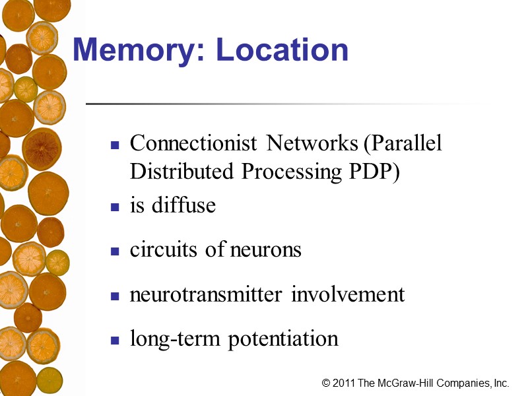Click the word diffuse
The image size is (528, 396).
pyautogui.click(x=183, y=205)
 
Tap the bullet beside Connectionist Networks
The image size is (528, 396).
pyautogui.click(x=115, y=145)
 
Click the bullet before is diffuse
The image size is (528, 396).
pyautogui.click(x=115, y=207)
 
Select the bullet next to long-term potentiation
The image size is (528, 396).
pyautogui.click(x=115, y=341)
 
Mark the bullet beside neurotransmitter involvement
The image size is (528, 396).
pyautogui.click(x=115, y=296)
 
